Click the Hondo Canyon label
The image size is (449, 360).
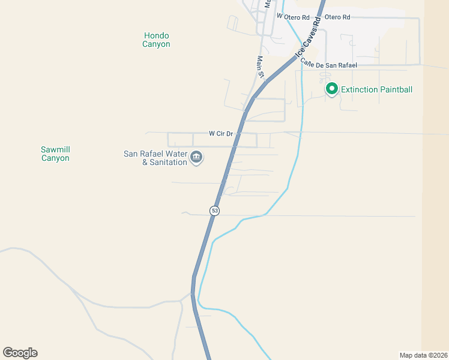pyautogui.click(x=156, y=40)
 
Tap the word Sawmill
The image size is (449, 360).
pyautogui.click(x=56, y=149)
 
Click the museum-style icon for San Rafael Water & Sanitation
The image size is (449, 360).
pyautogui.click(x=196, y=158)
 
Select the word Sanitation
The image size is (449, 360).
pyautogui.click(x=168, y=163)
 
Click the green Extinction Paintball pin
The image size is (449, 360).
pyautogui.click(x=331, y=89)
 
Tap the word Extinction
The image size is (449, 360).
pyautogui.click(x=359, y=90)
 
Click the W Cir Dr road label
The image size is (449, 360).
pyautogui.click(x=220, y=133)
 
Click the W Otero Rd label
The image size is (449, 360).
pyautogui.click(x=293, y=17)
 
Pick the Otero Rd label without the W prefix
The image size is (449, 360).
pyautogui.click(x=337, y=17)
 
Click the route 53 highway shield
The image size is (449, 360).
pyautogui.click(x=214, y=211)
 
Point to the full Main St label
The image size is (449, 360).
pyautogui.click(x=261, y=67)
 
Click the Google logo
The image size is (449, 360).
pyautogui.click(x=20, y=353)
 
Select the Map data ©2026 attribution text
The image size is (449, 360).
pyautogui.click(x=423, y=355)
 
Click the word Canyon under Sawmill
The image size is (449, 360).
pyautogui.click(x=56, y=158)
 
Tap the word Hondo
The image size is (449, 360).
pyautogui.click(x=156, y=35)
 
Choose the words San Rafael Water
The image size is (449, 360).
pyautogui.click(x=155, y=154)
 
